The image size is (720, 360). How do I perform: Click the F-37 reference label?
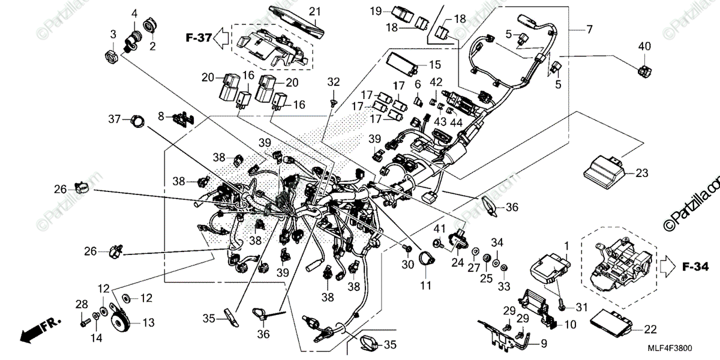199,38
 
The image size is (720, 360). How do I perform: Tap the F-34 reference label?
695,267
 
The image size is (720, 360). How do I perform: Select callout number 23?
642,173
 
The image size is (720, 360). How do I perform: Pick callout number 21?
314,12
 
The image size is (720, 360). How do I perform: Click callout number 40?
644,47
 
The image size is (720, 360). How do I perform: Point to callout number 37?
114,119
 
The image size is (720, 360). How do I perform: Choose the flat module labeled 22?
611,322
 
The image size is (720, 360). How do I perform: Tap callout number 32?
334,82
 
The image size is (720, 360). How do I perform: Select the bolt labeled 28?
84,322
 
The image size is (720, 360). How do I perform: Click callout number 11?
425,286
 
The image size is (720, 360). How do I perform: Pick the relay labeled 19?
403,16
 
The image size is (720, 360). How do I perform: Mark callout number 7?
589,29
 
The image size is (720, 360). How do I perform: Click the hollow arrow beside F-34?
668,266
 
